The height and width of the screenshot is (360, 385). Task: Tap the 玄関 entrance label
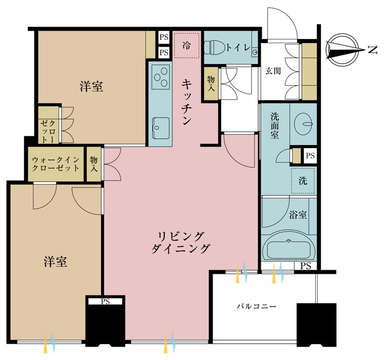273,70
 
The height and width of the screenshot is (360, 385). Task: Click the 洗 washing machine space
303,180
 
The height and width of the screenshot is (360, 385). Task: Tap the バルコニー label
256,306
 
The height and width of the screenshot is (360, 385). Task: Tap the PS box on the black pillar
105,302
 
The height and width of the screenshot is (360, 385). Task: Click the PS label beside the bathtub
306,266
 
